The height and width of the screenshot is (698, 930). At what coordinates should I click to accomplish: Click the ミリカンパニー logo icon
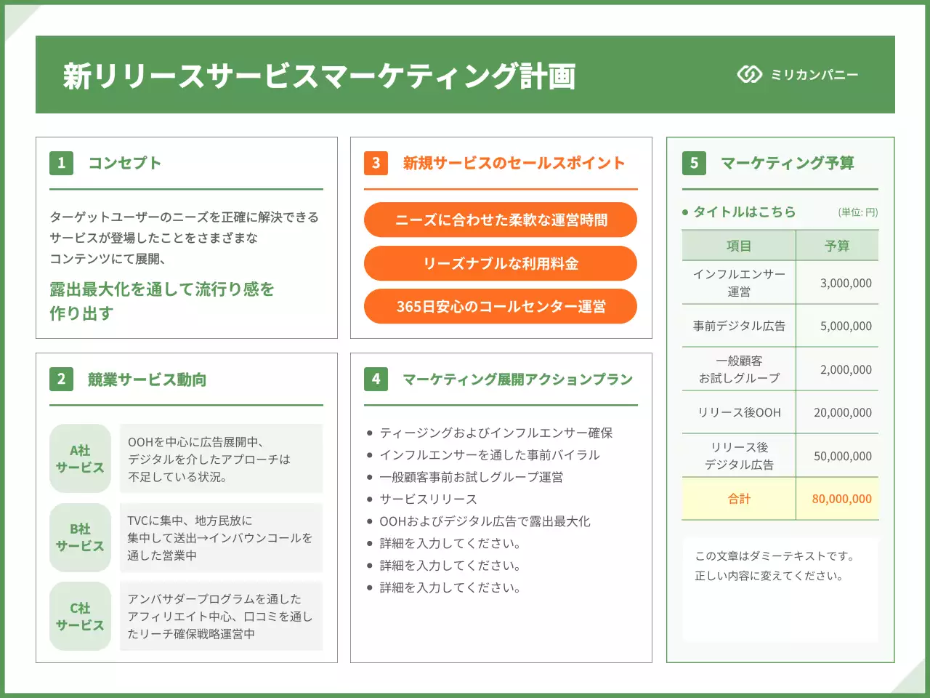pos(749,74)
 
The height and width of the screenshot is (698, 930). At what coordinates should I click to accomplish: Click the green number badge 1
pos(61,163)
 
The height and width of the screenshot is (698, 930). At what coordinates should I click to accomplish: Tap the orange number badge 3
pos(376,163)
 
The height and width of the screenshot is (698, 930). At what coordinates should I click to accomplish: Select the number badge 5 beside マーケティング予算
pos(694,163)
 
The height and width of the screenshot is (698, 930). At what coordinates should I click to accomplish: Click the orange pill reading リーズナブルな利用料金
pos(501,263)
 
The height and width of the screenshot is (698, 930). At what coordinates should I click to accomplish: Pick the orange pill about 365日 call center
pos(501,306)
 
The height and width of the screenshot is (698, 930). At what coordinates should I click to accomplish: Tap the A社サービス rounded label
pos(80,459)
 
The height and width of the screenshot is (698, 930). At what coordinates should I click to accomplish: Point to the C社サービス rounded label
pos(80,616)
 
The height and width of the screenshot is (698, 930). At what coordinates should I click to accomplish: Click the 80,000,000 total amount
pos(841,499)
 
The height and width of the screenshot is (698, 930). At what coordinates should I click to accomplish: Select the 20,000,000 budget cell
pos(842,412)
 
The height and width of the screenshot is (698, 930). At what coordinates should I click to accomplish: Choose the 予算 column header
pos(837,246)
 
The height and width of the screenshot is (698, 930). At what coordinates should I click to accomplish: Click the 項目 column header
pos(739,246)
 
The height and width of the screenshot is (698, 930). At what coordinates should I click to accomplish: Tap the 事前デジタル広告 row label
pos(739,326)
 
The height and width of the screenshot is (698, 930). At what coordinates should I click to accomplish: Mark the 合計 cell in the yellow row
pos(739,499)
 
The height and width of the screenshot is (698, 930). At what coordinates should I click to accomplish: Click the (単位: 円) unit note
pos(858,212)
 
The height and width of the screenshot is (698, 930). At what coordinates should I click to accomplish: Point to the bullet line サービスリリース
pos(428,499)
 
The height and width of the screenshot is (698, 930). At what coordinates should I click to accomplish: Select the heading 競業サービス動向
pos(147,380)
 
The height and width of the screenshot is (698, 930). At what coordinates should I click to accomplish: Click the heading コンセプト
pos(124,163)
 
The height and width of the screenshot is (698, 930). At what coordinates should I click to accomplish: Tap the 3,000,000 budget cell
pos(846,283)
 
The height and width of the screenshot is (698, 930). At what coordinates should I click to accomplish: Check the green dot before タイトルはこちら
pos(685,212)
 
